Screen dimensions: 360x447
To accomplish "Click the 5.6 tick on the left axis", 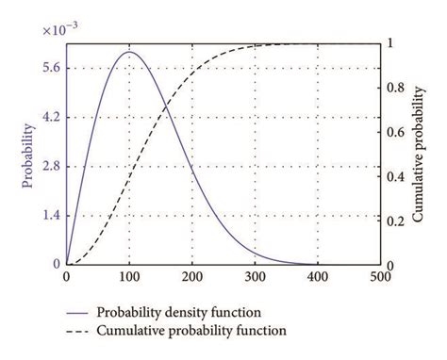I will coord(49,68).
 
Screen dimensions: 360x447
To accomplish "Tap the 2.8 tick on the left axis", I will coord(49,166).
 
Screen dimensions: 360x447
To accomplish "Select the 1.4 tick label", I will coord(49,215).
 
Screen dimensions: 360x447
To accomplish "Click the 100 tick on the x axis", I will coord(129,277).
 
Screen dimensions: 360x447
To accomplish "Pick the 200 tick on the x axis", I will coord(191,277).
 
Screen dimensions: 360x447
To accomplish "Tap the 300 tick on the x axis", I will coord(255,277).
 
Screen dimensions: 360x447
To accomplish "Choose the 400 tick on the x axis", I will coord(318,277).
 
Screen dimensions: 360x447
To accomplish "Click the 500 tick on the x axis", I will coord(380,277).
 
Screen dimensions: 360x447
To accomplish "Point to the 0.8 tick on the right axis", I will coord(395,89).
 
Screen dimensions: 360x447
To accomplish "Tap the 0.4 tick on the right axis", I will coord(395,176).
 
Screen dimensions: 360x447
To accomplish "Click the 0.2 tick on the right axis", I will coord(395,221).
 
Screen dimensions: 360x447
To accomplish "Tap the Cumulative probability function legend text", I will coord(191,331).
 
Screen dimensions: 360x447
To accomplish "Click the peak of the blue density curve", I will coord(129,52).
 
